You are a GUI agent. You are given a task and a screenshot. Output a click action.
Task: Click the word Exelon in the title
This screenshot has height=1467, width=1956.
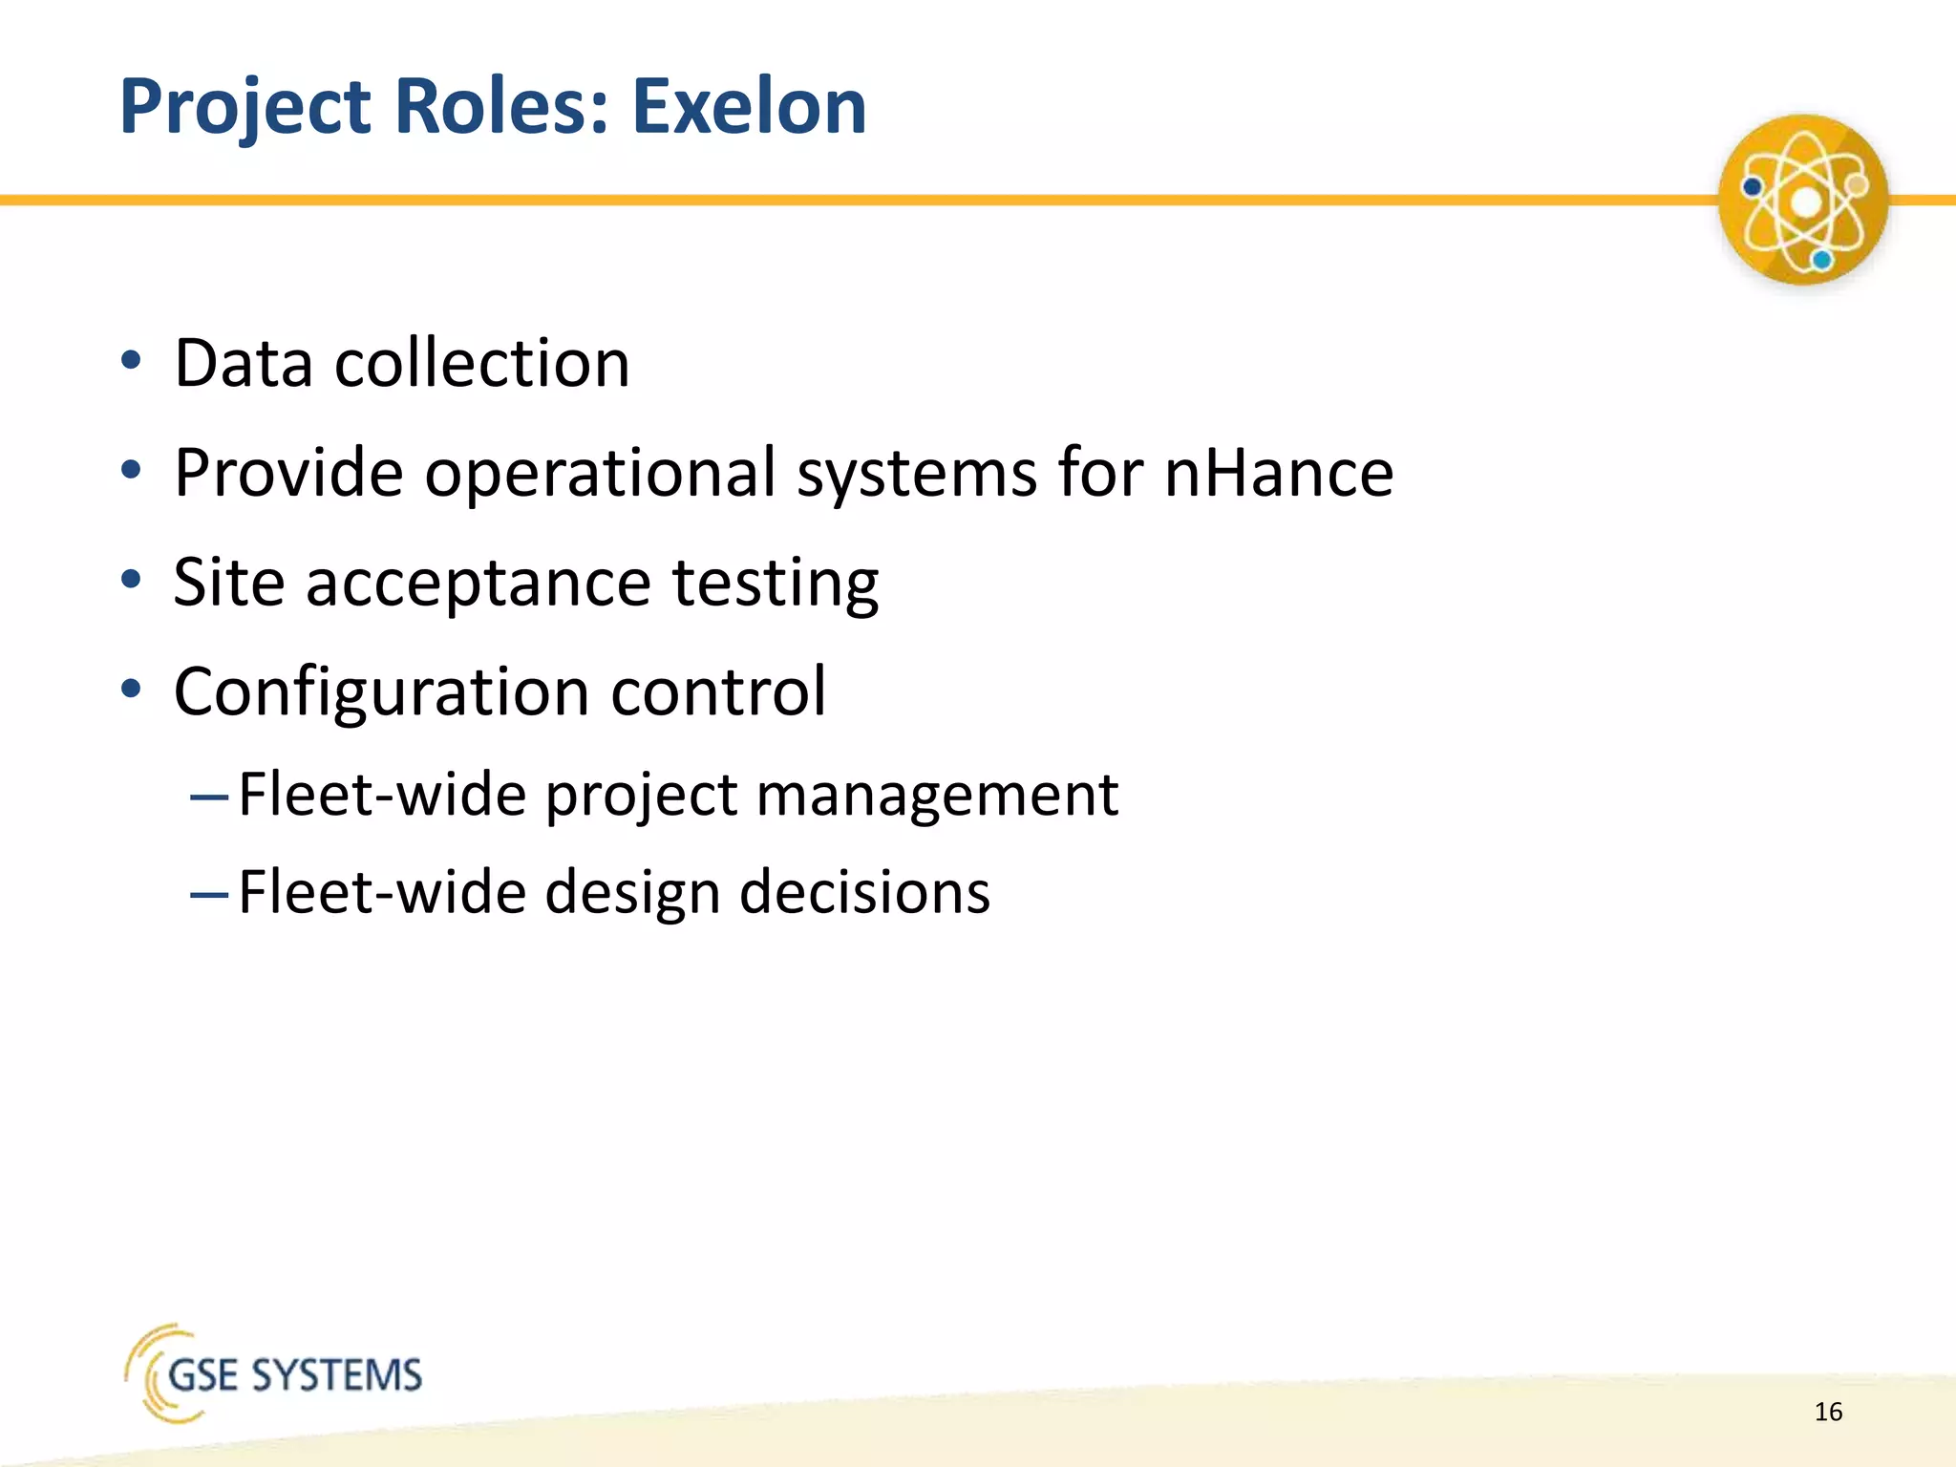click(x=749, y=106)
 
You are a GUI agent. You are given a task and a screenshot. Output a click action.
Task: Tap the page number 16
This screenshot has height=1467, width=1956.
click(x=1828, y=1412)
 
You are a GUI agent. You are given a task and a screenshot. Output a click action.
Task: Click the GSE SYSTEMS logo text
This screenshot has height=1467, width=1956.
click(x=294, y=1376)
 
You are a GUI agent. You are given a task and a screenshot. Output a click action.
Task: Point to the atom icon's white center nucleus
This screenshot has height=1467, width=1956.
click(x=1805, y=202)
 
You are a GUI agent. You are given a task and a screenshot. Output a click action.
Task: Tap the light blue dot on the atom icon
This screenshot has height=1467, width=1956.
click(x=1822, y=260)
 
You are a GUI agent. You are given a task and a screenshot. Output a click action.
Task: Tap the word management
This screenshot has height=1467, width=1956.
click(x=936, y=795)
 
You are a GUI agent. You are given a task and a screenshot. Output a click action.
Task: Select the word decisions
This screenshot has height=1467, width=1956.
click(x=864, y=893)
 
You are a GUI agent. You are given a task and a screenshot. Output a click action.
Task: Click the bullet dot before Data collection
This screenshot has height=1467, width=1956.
click(x=132, y=361)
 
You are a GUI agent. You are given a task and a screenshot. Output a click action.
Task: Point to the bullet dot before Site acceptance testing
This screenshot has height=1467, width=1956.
click(x=132, y=580)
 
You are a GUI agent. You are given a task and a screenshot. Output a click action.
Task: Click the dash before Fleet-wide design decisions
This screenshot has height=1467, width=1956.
click(x=209, y=895)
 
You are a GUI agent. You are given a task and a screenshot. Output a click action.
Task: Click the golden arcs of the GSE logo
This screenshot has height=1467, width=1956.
click(x=144, y=1372)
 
